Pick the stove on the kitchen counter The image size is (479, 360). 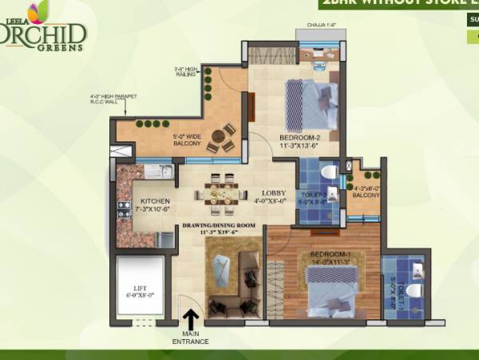point(125,210)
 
